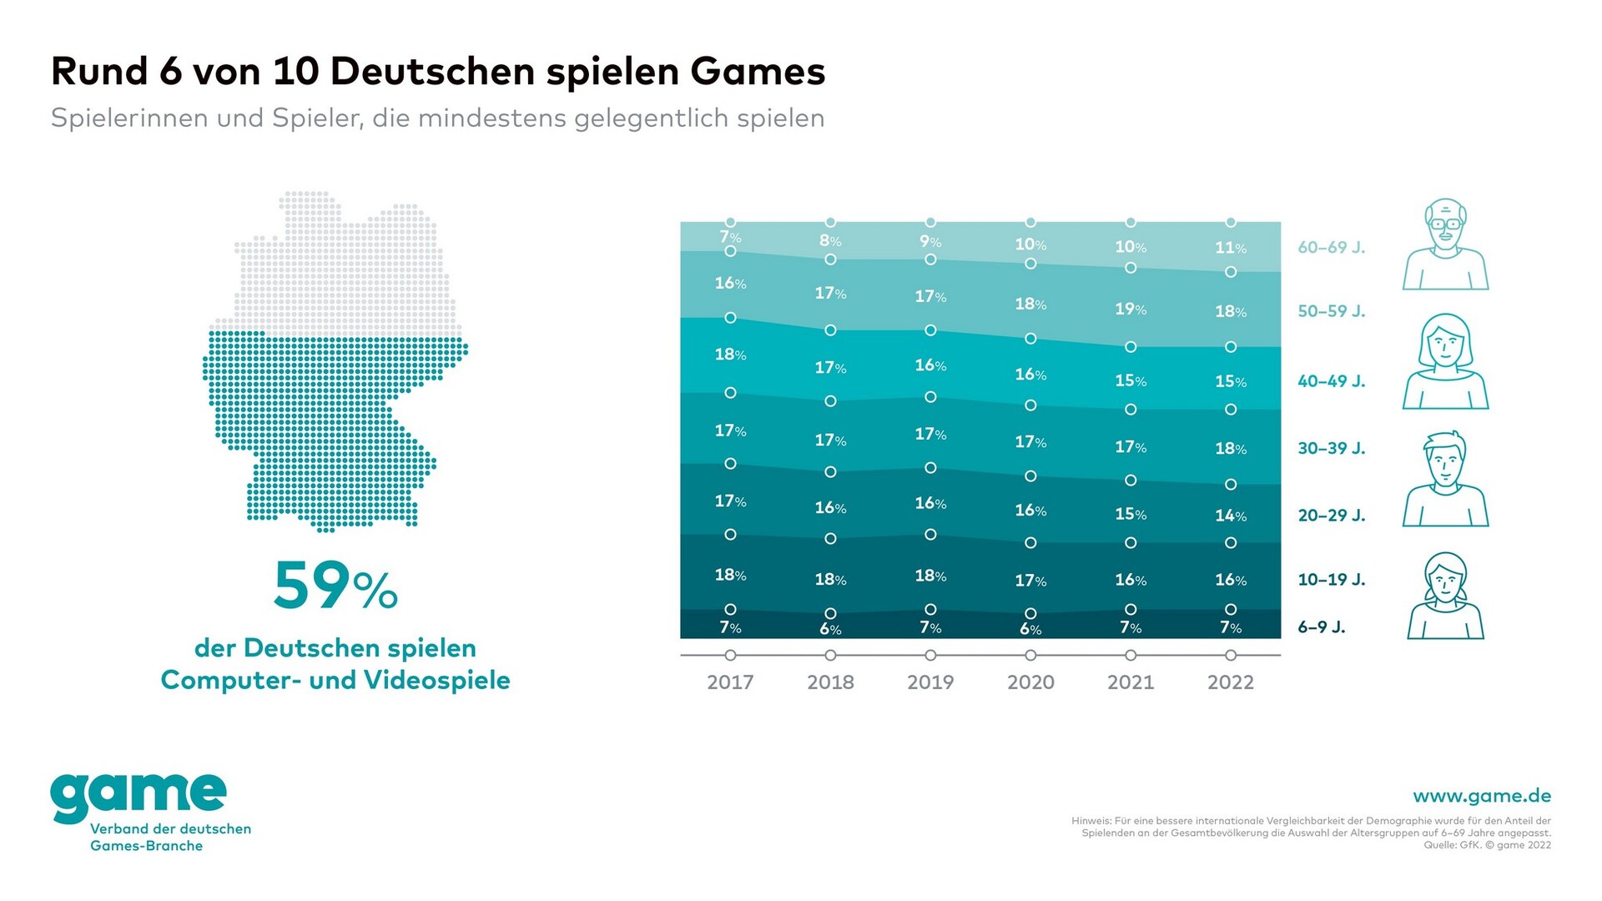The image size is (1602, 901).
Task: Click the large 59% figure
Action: pyautogui.click(x=335, y=586)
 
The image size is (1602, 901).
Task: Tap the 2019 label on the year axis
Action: pyautogui.click(x=930, y=682)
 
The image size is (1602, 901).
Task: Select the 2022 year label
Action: pyautogui.click(x=1231, y=682)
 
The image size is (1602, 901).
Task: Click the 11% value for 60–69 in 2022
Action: pyautogui.click(x=1231, y=248)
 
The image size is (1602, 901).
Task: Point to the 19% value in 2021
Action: pyautogui.click(x=1131, y=310)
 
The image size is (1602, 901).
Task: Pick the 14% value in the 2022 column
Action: pyautogui.click(x=1231, y=516)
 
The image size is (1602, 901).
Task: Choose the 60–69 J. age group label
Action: pyautogui.click(x=1332, y=248)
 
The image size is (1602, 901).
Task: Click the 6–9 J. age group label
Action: pyautogui.click(x=1322, y=627)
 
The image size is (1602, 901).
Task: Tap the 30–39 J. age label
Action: pyautogui.click(x=1332, y=449)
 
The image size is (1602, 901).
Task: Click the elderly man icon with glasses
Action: pyautogui.click(x=1445, y=245)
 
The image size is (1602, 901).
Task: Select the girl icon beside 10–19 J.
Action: pyautogui.click(x=1445, y=596)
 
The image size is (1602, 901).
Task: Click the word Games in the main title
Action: pyautogui.click(x=758, y=72)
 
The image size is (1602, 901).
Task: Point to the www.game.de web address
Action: pyautogui.click(x=1482, y=796)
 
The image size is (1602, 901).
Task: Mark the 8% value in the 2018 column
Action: pyautogui.click(x=830, y=241)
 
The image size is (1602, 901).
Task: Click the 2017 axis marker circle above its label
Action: pyautogui.click(x=730, y=656)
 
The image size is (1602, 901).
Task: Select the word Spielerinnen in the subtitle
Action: pyautogui.click(x=129, y=118)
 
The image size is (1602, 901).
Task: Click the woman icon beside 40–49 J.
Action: pyautogui.click(x=1445, y=363)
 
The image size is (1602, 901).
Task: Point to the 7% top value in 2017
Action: pyautogui.click(x=730, y=237)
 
